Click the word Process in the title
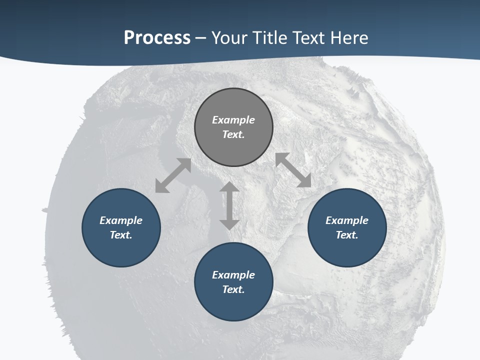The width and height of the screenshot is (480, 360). [157, 38]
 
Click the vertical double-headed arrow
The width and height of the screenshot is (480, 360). [229, 205]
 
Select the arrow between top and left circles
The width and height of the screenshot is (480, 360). [173, 175]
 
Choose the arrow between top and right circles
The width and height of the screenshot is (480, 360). [293, 170]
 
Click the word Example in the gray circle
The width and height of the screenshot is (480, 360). [233, 120]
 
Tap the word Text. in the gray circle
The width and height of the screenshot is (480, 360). [233, 134]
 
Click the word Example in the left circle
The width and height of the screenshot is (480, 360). [121, 220]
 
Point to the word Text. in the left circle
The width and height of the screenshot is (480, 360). [121, 235]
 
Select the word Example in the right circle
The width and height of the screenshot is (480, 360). [347, 220]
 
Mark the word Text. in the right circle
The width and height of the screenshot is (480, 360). [347, 235]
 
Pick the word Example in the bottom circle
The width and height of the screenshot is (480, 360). [233, 275]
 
